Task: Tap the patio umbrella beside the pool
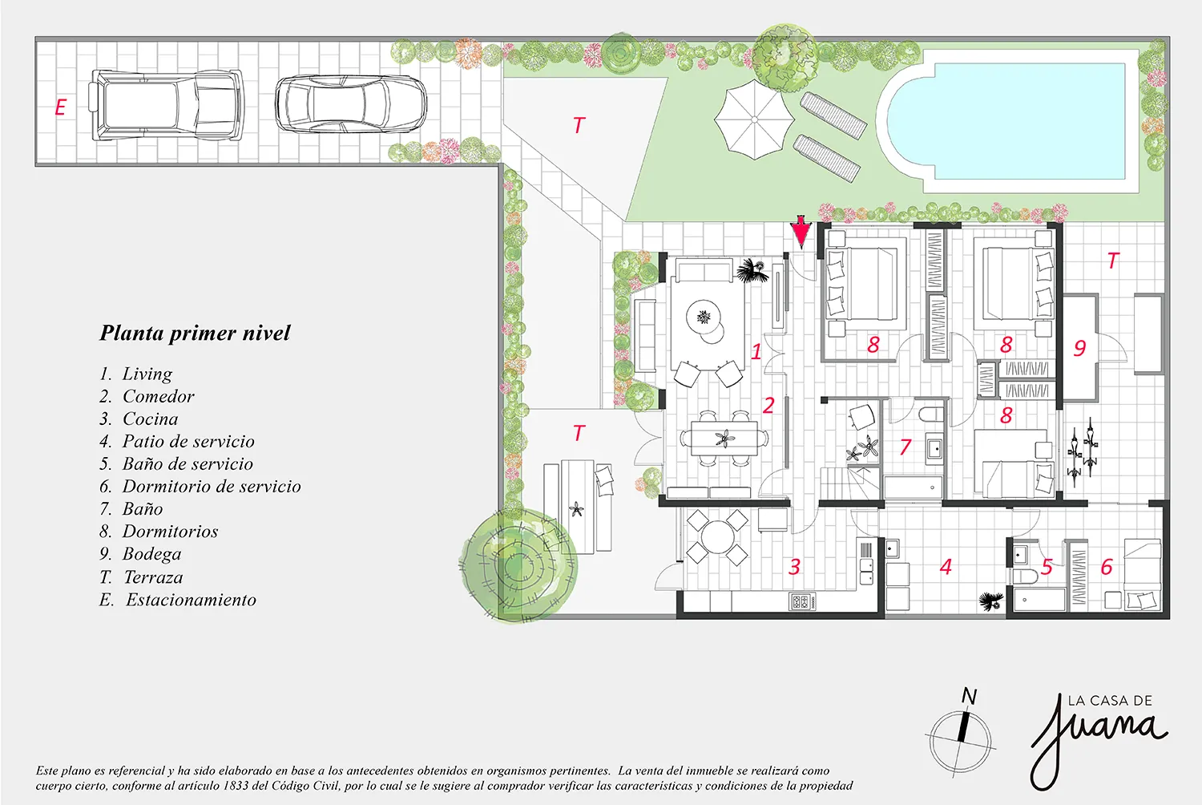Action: [754, 119]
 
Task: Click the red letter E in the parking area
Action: [61, 107]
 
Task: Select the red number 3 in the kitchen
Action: [795, 567]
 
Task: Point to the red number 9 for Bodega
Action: [1079, 348]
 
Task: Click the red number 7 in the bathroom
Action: [906, 447]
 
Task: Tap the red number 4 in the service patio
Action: [946, 567]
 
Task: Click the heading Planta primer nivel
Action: [195, 333]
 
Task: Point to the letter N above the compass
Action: [969, 697]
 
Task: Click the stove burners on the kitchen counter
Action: [802, 601]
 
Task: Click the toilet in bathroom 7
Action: [930, 415]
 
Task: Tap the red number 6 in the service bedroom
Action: [1107, 567]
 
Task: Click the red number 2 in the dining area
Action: [768, 406]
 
